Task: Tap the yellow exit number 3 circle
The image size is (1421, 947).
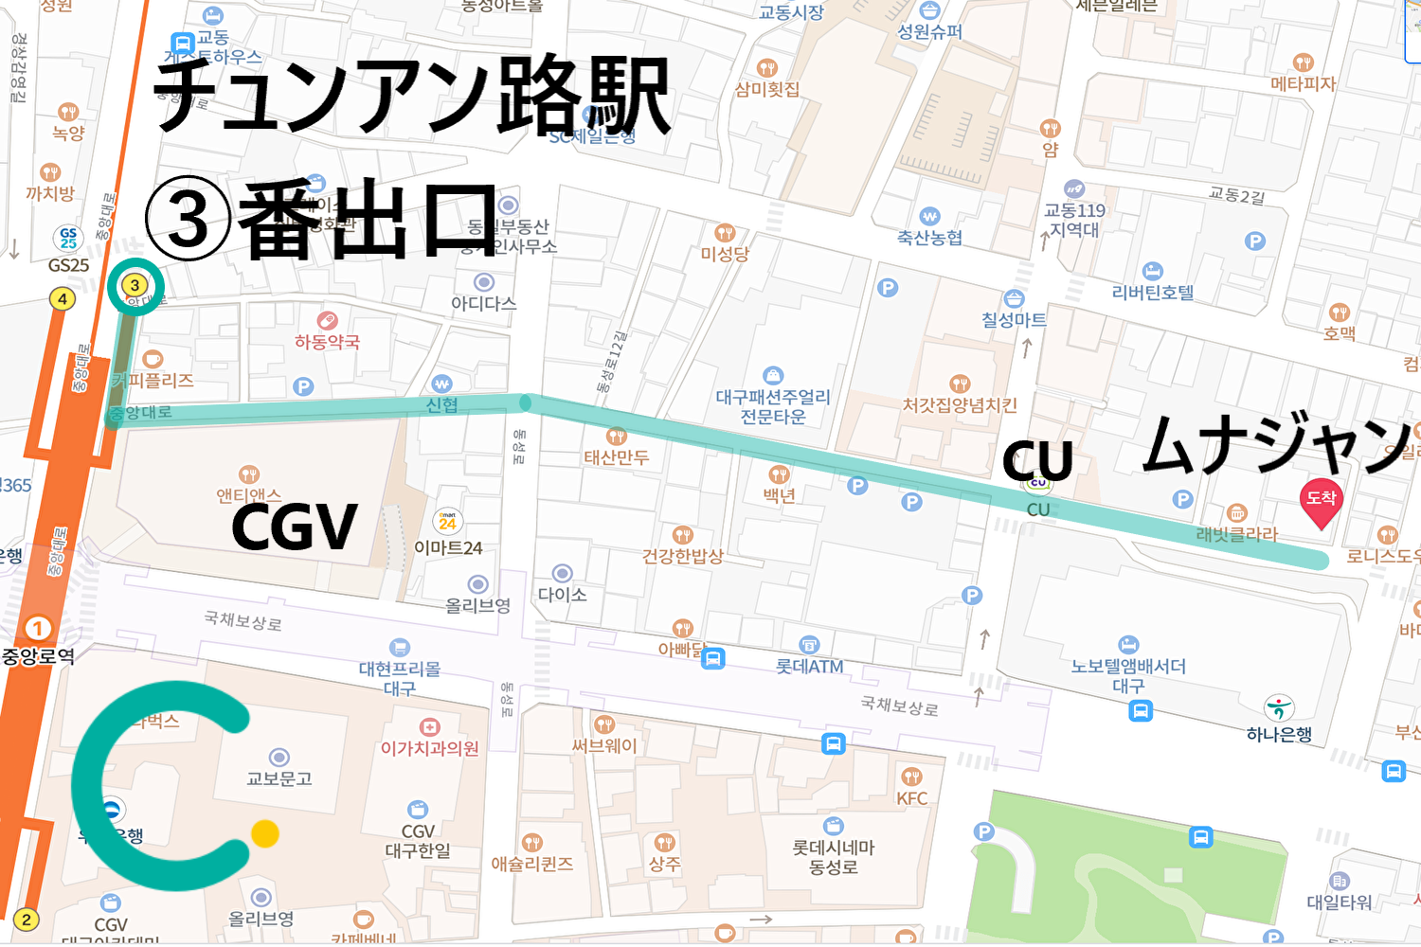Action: (x=135, y=285)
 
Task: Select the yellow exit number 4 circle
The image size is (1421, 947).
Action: (x=63, y=299)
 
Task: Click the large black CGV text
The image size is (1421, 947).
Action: (x=294, y=527)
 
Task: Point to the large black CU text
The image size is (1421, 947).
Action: (x=1037, y=461)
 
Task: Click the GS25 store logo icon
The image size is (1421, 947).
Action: (x=68, y=238)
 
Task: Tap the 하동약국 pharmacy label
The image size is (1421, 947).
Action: (x=327, y=342)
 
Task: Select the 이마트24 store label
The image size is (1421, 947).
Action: (x=448, y=548)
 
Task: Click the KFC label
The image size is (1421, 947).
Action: (x=911, y=798)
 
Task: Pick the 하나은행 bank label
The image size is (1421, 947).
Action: (x=1279, y=734)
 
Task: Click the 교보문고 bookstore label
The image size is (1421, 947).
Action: (x=279, y=778)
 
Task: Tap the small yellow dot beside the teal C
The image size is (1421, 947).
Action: (x=265, y=833)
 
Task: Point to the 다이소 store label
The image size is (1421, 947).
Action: (x=562, y=595)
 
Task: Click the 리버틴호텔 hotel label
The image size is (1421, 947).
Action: (x=1152, y=293)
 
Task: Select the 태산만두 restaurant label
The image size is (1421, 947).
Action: (x=616, y=457)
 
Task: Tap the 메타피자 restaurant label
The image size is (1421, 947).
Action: (x=1303, y=83)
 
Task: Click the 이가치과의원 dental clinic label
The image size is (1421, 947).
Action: (x=429, y=748)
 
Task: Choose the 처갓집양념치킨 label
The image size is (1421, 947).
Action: (x=959, y=405)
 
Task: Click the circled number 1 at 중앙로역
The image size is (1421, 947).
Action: (x=38, y=629)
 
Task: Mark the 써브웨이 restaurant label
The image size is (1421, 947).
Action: (x=604, y=746)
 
